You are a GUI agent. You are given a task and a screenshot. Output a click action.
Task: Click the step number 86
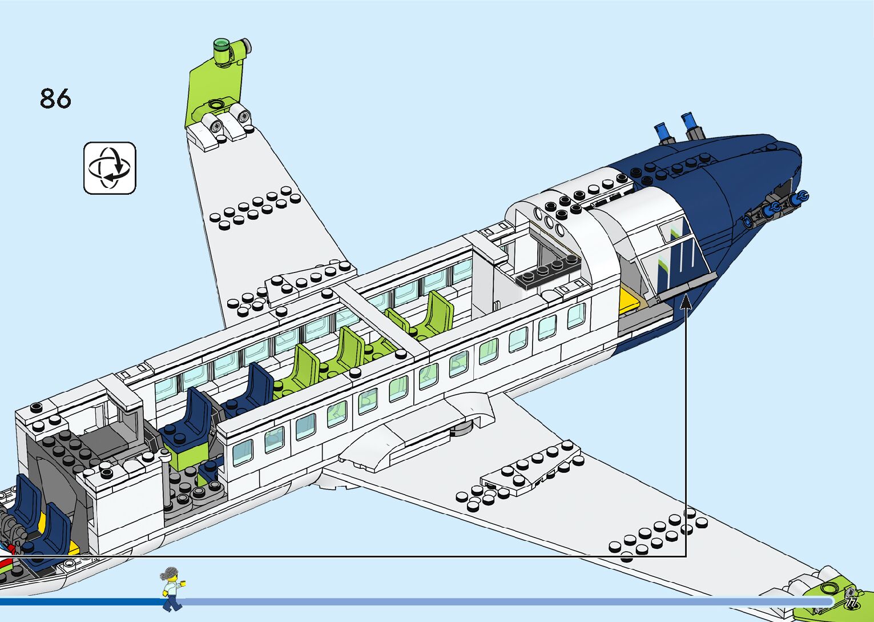[55, 98]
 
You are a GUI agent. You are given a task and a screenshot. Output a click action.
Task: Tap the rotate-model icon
[110, 168]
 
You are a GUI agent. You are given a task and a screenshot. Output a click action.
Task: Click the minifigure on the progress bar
[171, 588]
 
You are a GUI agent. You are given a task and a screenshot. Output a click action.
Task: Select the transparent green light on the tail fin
[221, 45]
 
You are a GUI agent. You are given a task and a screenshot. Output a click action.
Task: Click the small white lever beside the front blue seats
[167, 457]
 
